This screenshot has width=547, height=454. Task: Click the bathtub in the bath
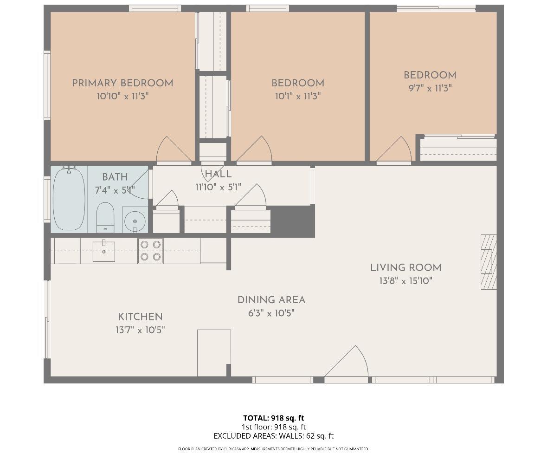(x=69, y=198)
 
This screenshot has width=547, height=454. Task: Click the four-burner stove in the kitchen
(x=150, y=251)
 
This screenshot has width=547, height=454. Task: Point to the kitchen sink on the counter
(x=104, y=251)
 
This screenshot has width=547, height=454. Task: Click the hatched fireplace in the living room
(x=489, y=262)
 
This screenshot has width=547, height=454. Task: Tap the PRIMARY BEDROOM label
(x=122, y=83)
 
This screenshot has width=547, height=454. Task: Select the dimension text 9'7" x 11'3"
(x=430, y=88)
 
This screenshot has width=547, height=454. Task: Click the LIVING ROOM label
(x=405, y=267)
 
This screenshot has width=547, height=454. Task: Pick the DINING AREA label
(x=271, y=300)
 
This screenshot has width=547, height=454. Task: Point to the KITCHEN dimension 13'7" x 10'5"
(x=141, y=330)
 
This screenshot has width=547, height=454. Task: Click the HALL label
(x=218, y=174)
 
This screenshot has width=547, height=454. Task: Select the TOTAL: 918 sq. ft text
(x=274, y=418)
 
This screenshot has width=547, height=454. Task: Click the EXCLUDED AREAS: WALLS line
(x=274, y=436)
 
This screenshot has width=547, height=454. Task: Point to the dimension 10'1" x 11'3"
(x=298, y=96)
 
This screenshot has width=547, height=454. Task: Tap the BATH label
(x=115, y=177)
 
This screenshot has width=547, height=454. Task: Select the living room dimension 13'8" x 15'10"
(x=405, y=280)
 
